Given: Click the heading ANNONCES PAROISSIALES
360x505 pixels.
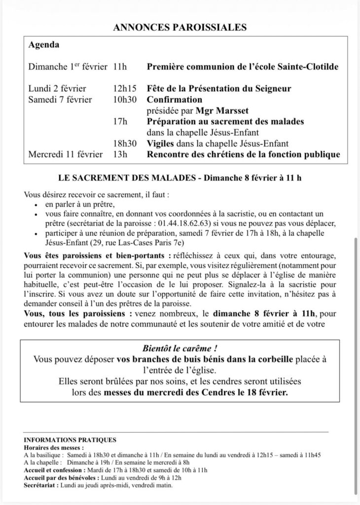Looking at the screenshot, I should pyautogui.click(x=180, y=28).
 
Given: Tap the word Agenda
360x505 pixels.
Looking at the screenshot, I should pyautogui.click(x=44, y=45).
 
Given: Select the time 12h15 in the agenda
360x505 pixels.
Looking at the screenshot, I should pyautogui.click(x=121, y=89).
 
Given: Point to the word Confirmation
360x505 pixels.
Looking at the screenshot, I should pyautogui.click(x=175, y=100).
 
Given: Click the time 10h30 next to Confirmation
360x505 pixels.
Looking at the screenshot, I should pyautogui.click(x=123, y=100).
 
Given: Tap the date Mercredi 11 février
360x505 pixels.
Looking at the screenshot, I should pyautogui.click(x=65, y=154).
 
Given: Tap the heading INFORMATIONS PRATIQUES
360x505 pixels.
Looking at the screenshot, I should pyautogui.click(x=70, y=439).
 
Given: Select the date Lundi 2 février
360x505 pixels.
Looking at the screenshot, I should pyautogui.click(x=57, y=89).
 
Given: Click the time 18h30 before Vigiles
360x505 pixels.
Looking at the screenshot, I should pyautogui.click(x=123, y=144).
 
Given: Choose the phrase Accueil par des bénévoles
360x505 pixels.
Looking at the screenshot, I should pyautogui.click(x=61, y=478).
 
